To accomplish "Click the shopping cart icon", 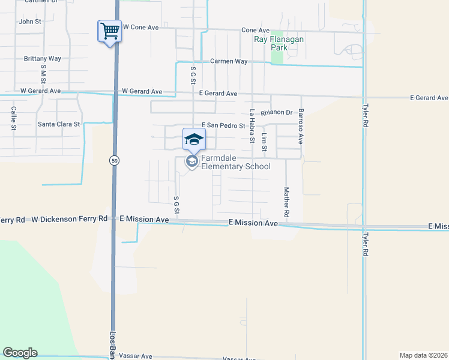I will (109, 31).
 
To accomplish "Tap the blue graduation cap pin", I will (194, 139).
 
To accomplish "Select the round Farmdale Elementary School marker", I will (191, 161).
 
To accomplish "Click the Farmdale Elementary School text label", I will (235, 162).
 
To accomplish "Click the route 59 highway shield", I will (113, 160).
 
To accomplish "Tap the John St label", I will (30, 22).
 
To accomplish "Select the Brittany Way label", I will (43, 59).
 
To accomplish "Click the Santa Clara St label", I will (59, 124).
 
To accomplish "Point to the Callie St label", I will (13, 118).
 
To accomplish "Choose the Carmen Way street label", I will (229, 61).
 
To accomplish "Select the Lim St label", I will (264, 143).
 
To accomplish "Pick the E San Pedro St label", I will (223, 125).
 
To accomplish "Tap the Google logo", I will (20, 353).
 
